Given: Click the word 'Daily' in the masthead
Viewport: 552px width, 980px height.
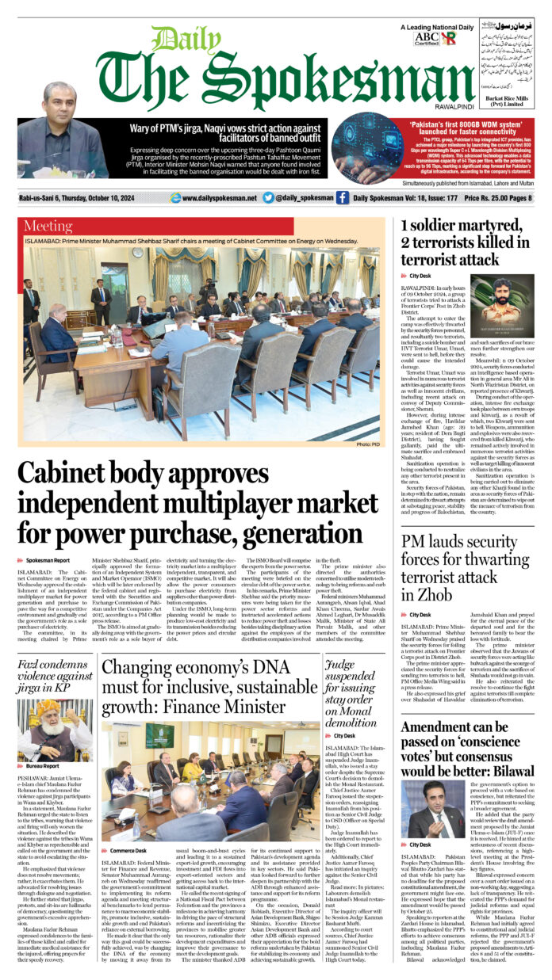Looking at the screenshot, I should pyautogui.click(x=175, y=39).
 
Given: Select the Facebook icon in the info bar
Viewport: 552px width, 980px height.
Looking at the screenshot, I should pyautogui.click(x=342, y=197).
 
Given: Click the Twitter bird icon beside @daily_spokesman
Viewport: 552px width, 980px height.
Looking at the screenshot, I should pyautogui.click(x=268, y=197).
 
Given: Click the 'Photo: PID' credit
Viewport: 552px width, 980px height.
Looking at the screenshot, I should pyautogui.click(x=369, y=445).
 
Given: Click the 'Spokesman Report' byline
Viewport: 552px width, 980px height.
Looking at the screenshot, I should pyautogui.click(x=48, y=559).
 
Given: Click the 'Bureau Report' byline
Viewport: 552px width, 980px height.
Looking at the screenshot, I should pyautogui.click(x=43, y=766).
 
